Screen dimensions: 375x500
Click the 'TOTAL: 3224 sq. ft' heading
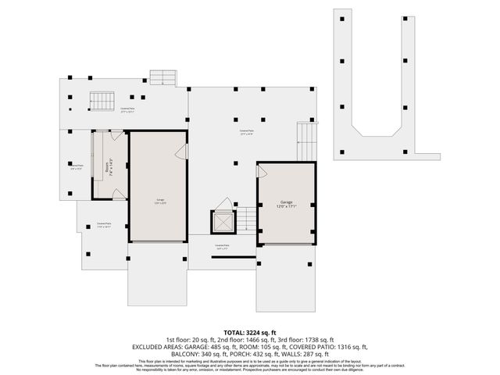click(249, 332)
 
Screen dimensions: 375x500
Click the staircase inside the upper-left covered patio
click(98, 101)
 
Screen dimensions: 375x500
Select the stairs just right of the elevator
click(245, 219)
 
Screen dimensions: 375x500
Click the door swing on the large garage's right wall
click(180, 152)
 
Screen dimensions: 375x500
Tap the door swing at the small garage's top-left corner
click(262, 169)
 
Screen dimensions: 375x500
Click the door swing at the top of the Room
click(115, 136)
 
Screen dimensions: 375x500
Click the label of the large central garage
click(159, 202)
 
